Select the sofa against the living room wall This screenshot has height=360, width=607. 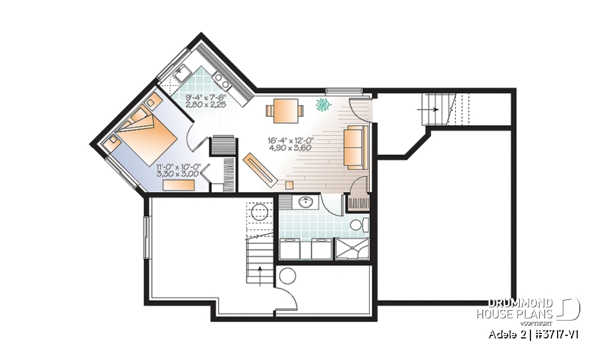[x=354, y=147]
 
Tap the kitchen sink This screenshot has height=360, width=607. [x=181, y=73]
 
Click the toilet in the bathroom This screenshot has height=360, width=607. [x=357, y=225]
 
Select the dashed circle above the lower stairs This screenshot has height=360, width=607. [x=259, y=211]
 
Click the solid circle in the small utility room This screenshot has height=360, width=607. [x=288, y=276]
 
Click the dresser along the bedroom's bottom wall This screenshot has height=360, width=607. [x=179, y=184]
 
